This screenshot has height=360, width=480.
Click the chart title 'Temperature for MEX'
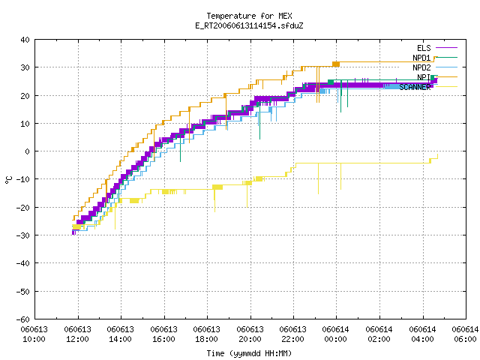point(249,16)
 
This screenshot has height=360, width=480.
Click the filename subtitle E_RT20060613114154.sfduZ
point(249,25)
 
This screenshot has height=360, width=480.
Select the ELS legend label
point(424,48)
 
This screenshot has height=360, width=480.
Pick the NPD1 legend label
point(421,58)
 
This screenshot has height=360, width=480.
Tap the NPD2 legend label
point(421,67)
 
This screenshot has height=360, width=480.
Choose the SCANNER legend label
point(415,87)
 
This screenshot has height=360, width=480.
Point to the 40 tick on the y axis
point(25,40)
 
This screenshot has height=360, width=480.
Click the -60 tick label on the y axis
point(23,319)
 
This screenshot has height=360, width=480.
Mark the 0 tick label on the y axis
point(28,151)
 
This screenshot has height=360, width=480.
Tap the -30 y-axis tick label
point(23,235)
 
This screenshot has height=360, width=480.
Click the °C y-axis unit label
point(8,180)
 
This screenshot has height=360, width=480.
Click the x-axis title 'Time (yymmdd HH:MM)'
point(249,353)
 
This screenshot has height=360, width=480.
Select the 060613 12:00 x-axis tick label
point(78,334)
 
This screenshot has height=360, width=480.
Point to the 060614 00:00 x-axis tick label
point(336,334)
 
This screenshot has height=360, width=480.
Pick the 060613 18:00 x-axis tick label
point(207,334)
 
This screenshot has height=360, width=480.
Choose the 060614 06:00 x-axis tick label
point(465,334)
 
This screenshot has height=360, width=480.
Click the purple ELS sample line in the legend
point(447,48)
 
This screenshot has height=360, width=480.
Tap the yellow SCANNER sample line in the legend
point(447,87)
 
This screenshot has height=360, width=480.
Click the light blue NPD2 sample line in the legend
point(447,67)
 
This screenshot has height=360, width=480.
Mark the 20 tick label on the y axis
point(25,96)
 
